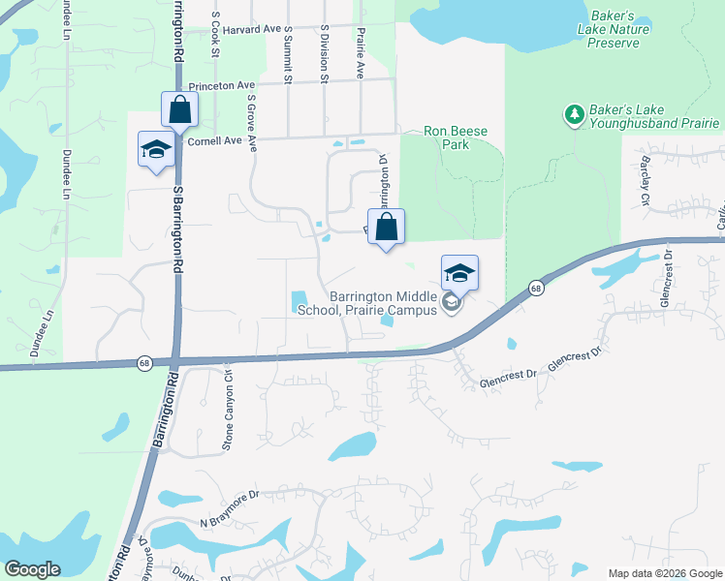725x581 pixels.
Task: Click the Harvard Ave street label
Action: coord(250,30)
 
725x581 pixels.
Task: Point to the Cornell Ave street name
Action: coord(214,141)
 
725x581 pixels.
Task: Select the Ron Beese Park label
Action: coord(455,138)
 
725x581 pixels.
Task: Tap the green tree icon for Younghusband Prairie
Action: coord(574,115)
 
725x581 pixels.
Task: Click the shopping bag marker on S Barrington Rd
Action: coord(180,109)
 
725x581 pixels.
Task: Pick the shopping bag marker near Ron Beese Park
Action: coord(386,229)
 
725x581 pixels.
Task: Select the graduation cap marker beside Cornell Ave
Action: coord(155,150)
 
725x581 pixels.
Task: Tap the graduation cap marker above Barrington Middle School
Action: coord(460,272)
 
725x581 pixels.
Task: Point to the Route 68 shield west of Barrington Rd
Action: coord(143,363)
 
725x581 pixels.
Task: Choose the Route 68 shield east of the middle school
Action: coord(536,288)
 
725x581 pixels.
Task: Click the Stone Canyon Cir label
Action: coord(229,397)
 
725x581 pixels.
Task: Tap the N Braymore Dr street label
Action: coord(230,509)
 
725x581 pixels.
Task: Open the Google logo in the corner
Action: coord(32,569)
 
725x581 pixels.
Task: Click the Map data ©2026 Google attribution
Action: coord(665,573)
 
